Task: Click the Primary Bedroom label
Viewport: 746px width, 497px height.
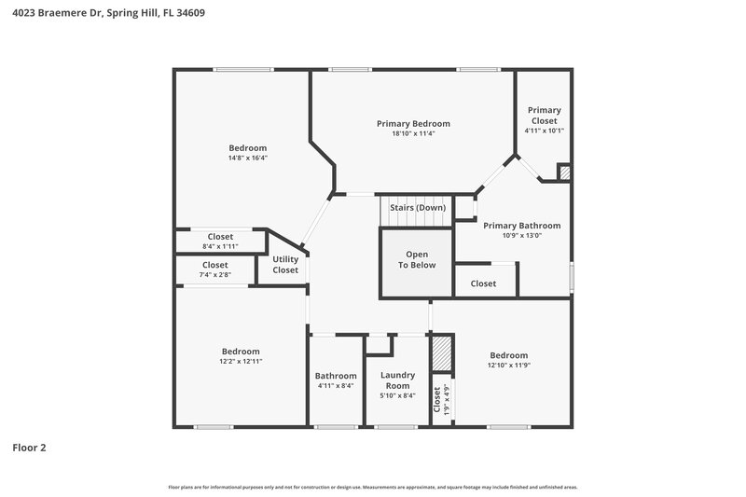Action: click(x=413, y=123)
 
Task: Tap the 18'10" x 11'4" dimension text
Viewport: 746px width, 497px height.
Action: click(x=413, y=133)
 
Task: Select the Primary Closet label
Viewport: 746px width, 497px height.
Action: click(x=544, y=115)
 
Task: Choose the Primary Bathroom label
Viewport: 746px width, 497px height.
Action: click(x=521, y=225)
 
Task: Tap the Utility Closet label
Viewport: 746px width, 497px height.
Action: click(x=285, y=265)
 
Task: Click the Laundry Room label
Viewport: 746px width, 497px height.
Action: click(x=398, y=380)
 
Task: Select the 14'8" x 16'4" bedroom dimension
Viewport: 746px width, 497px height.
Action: click(x=248, y=158)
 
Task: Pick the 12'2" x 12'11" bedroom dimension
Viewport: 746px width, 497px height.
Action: click(x=241, y=361)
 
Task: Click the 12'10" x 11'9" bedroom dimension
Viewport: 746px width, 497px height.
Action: click(x=509, y=366)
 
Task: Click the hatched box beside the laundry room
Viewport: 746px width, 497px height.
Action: click(x=441, y=354)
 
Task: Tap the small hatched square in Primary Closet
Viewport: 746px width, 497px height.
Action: click(x=563, y=173)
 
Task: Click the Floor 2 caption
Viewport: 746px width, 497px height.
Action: click(x=29, y=448)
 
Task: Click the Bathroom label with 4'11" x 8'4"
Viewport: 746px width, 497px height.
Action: click(x=335, y=380)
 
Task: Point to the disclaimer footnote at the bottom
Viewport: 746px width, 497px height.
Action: click(x=372, y=487)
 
